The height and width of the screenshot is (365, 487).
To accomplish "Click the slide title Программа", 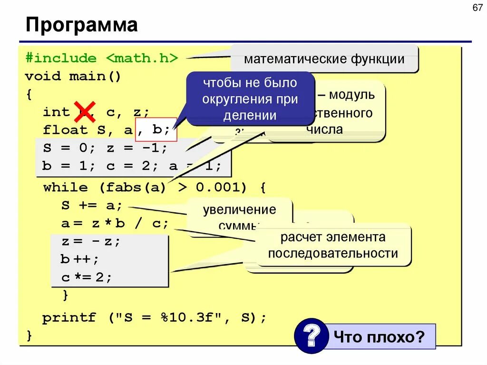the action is [81, 25].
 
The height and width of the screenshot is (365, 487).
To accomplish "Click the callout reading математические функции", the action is [324, 59].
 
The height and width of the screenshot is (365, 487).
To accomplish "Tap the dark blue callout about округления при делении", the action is [250, 99].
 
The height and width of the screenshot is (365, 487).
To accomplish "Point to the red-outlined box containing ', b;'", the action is [156, 129].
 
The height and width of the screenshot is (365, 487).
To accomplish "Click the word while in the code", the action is [65, 187].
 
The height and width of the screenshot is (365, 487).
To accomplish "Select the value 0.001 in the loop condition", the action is [221, 187].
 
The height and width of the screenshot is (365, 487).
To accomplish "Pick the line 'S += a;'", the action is [92, 206].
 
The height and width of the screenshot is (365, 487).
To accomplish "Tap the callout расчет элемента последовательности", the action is [332, 245].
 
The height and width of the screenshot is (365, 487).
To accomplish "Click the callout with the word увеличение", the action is [239, 210].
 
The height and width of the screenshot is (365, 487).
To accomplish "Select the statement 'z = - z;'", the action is [91, 242].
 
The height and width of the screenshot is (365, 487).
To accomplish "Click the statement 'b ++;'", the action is [79, 259].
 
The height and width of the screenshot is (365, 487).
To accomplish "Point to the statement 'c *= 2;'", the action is [86, 277].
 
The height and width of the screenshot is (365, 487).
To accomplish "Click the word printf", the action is [69, 317].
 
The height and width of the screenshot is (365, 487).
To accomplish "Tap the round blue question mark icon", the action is [311, 336].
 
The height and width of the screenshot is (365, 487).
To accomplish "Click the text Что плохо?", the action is [379, 337].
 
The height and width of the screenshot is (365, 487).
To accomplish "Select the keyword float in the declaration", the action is [65, 130].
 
